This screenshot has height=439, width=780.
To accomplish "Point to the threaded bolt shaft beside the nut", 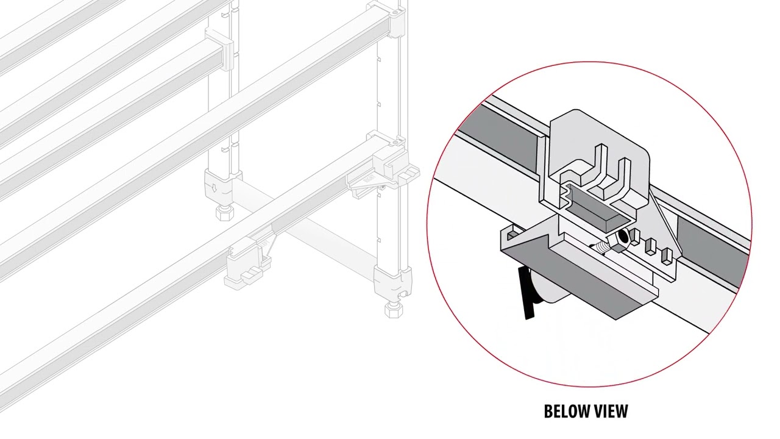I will (603, 249).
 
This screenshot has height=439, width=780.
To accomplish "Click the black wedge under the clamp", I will (525, 293).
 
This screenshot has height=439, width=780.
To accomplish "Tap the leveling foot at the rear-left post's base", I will (222, 213).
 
